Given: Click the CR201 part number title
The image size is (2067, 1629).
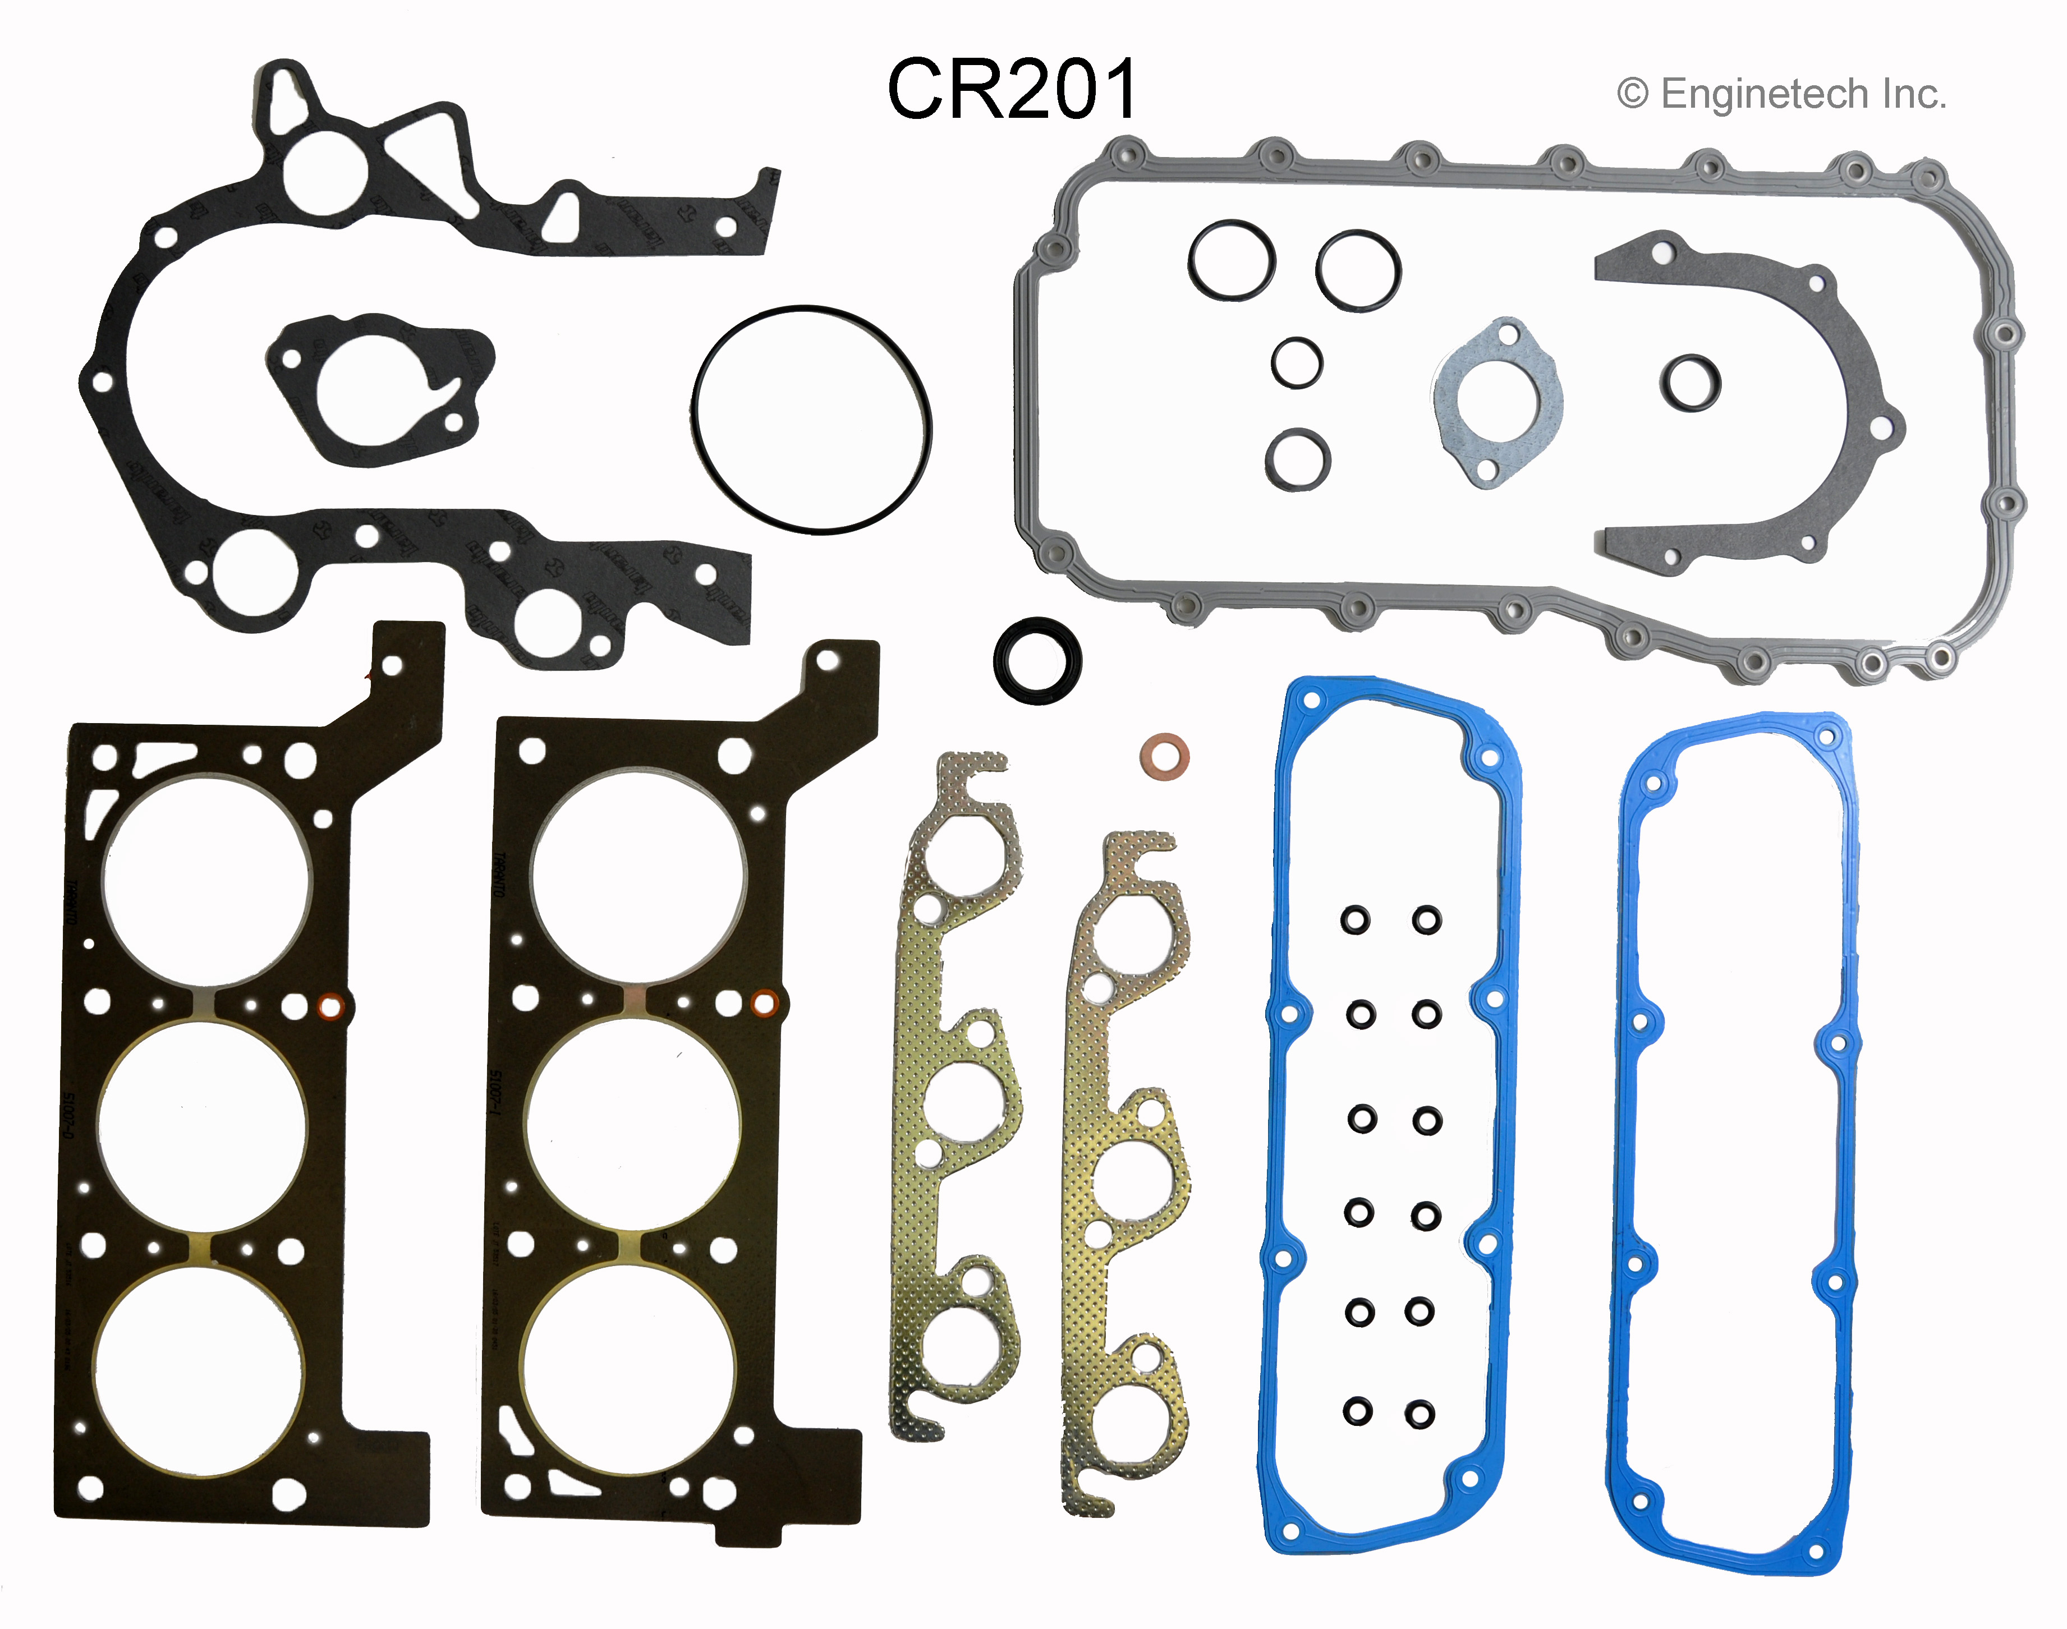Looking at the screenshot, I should point(1012,89).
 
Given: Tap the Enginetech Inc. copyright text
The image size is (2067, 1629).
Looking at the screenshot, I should point(1781,94).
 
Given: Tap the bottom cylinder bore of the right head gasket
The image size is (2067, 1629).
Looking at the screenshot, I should point(630,1370).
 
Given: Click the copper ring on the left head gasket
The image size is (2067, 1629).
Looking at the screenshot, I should point(330,1005).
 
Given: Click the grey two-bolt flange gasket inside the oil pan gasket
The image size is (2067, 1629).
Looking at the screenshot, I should point(1496,402).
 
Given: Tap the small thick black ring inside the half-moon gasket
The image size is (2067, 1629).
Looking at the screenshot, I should point(1690,383).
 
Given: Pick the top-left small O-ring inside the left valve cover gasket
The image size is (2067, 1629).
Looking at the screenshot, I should point(1354,921).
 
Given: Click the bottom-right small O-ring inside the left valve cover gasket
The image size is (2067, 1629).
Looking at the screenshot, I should point(1420,1414).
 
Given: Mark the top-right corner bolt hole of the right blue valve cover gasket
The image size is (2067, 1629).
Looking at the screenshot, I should point(1827,735).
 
